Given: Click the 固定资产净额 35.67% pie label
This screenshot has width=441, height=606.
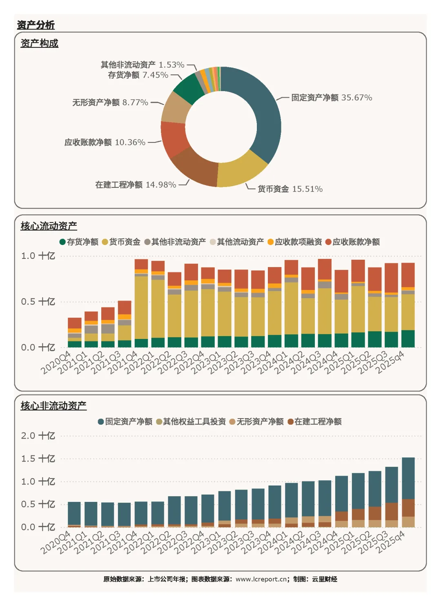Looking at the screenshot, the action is tap(332, 97).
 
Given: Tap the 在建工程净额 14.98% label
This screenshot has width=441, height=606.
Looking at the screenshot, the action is tap(136, 185).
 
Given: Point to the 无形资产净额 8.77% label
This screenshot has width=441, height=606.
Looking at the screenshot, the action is tap(110, 102).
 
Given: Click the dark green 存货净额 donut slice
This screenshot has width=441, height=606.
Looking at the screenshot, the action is tap(189, 88).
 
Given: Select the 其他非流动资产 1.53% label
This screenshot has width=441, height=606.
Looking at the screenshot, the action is tap(143, 65).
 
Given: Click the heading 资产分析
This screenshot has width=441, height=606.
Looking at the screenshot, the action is tap(36, 25).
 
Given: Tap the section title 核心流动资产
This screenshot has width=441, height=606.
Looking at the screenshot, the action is tap(49, 226).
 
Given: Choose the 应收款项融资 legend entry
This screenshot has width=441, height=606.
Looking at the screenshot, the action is tap(294, 242).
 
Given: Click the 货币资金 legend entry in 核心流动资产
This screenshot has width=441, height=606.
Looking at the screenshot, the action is tap(121, 242).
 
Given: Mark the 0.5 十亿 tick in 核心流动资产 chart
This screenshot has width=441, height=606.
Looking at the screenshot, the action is tap(38, 301).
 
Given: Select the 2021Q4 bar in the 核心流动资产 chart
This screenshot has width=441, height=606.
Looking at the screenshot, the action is tap(141, 303).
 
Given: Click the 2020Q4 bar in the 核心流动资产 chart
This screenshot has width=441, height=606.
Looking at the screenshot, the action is tap(74, 332).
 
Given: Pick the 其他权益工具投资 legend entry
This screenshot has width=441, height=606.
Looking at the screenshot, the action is tap(191, 421).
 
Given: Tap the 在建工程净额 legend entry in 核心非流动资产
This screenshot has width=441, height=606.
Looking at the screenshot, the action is tap(314, 421).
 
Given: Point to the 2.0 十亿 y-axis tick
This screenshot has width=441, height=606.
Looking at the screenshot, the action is tap(38, 436).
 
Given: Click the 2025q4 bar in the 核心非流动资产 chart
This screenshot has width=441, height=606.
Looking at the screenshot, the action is tap(408, 492).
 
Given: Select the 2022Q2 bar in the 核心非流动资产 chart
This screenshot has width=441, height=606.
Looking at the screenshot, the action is tap(174, 512).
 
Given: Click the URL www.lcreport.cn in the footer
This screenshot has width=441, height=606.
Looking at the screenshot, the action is tap(261, 579).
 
